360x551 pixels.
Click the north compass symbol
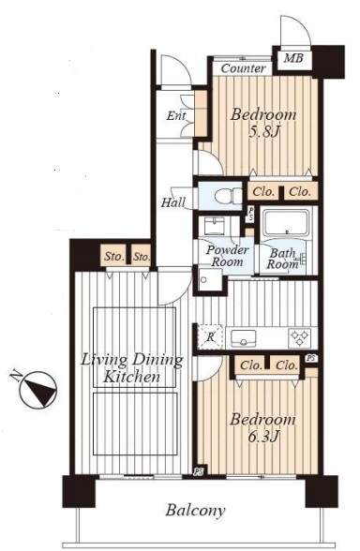pyautogui.click(x=37, y=390)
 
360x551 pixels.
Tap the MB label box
pyautogui.click(x=293, y=58)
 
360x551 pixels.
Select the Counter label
pyautogui.click(x=243, y=68)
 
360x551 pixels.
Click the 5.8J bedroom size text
pyautogui.click(x=264, y=132)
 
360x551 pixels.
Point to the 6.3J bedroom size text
pyautogui.click(x=263, y=437)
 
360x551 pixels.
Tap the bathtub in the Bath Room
pyautogui.click(x=286, y=223)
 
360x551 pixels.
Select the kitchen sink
pyautogui.click(x=244, y=338)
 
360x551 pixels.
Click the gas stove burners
pyautogui.click(x=300, y=338)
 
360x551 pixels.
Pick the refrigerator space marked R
pyautogui.click(x=210, y=336)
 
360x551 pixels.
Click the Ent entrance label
pyautogui.click(x=176, y=115)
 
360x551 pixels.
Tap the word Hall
pyautogui.click(x=173, y=202)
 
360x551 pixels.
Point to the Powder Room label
pyautogui.click(x=228, y=256)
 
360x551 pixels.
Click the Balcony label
pyautogui.click(x=195, y=511)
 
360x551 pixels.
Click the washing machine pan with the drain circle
pyautogui.click(x=210, y=280)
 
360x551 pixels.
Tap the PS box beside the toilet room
pyautogui.click(x=250, y=214)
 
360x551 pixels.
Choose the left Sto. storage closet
pyautogui.click(x=114, y=256)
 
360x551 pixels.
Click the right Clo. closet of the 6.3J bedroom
pyautogui.click(x=287, y=365)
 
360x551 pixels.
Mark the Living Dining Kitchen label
pyautogui.click(x=132, y=368)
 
